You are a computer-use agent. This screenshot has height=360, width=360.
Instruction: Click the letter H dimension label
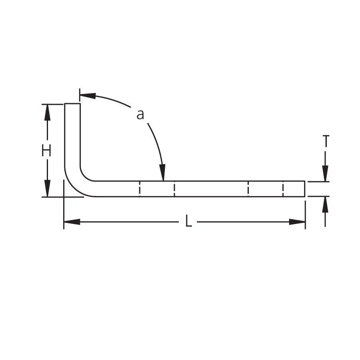click(x=46, y=151)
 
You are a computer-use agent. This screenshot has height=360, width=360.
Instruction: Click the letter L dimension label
click(x=188, y=221)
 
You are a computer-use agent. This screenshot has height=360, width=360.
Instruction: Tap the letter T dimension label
click(x=326, y=141)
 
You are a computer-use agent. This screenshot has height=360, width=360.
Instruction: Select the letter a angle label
click(x=140, y=114)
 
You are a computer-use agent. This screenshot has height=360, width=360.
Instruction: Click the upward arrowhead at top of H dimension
click(x=47, y=112)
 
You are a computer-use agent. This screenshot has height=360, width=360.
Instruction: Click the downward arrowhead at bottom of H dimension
click(x=47, y=188)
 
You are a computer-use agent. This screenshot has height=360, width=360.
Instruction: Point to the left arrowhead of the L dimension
click(x=72, y=222)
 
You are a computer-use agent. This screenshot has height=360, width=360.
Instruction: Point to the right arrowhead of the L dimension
click(x=297, y=222)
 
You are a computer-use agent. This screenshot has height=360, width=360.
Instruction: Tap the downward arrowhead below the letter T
click(x=325, y=174)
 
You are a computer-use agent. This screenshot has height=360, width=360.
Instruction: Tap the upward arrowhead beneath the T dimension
click(x=325, y=204)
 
